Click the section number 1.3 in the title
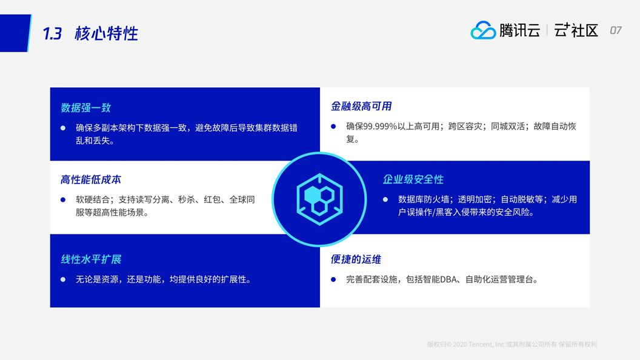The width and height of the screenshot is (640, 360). (52, 33)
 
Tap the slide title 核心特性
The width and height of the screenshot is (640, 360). (107, 33)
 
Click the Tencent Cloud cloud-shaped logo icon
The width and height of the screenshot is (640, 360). (483, 30)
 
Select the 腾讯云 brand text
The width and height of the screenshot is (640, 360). (519, 30)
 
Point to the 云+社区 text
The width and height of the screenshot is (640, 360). (576, 30)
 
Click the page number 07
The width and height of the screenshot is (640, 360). (616, 30)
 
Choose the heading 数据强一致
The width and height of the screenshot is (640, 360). (85, 108)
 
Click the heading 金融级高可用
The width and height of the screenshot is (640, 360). (361, 106)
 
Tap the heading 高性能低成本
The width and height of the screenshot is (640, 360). (91, 179)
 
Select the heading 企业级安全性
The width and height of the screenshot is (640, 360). (413, 179)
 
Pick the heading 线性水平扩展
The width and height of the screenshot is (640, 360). (91, 259)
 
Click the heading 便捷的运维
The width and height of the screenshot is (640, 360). (356, 259)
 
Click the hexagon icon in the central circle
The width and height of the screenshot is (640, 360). (319, 199)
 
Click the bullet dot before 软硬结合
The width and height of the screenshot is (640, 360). (63, 199)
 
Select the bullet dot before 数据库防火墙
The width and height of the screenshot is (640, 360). (385, 199)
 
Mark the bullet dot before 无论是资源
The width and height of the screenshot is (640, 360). (63, 279)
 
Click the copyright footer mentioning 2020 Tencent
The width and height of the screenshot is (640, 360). (512, 344)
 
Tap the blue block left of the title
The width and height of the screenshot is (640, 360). (15, 33)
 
